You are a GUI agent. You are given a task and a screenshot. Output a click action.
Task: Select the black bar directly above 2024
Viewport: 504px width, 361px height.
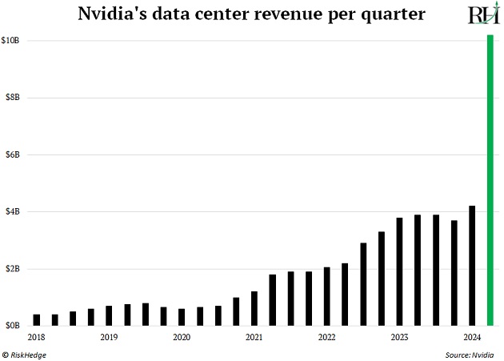tap(472, 266)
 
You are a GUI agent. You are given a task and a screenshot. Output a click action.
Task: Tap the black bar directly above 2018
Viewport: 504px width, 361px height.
tap(37, 320)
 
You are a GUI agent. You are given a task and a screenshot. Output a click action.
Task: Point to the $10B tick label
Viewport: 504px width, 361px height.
tap(13, 40)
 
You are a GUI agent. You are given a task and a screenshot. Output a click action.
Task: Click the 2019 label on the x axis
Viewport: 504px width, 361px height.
tap(109, 338)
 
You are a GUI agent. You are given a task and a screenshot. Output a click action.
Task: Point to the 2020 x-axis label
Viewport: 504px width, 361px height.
tap(182, 338)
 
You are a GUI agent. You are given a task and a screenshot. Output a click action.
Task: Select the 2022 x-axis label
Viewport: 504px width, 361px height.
tap(326, 338)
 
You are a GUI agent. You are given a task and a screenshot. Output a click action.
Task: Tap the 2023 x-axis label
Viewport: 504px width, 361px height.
tap(399, 338)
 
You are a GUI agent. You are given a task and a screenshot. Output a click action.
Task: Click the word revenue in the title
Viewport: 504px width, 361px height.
tap(278, 14)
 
